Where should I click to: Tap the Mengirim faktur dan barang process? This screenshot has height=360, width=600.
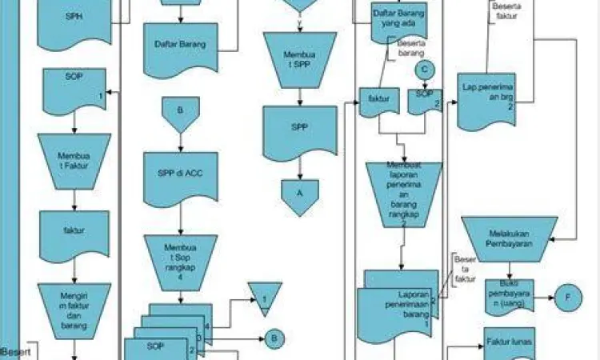click(x=73, y=303)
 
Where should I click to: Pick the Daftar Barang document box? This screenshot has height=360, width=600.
click(x=180, y=43)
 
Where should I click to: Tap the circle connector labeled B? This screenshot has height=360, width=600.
click(x=274, y=339)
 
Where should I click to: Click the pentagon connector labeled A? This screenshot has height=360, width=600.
click(x=300, y=196)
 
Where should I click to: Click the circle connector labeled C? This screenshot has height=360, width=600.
click(x=426, y=70)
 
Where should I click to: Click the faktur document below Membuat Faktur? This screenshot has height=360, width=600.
click(x=73, y=231)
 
